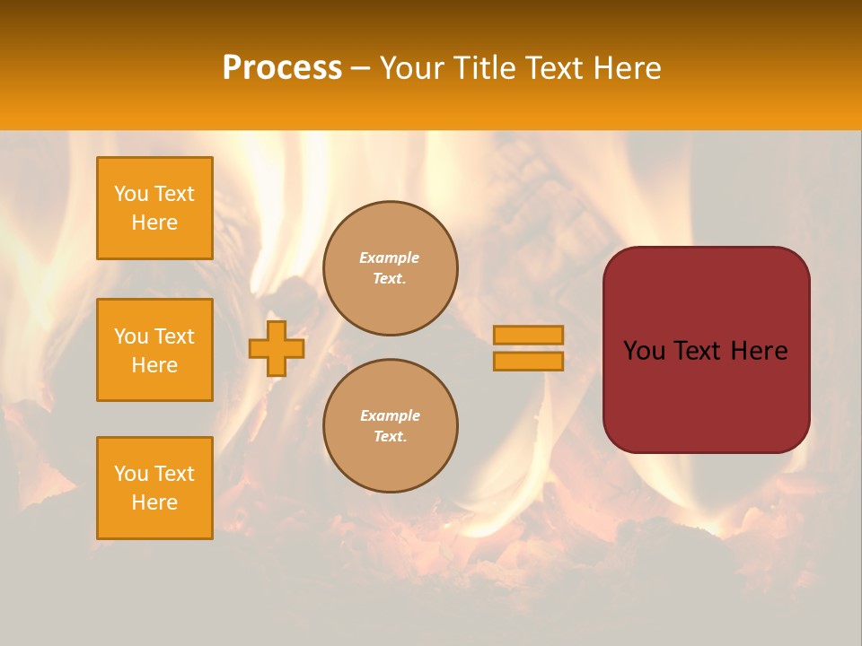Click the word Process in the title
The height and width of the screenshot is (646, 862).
[x=282, y=68]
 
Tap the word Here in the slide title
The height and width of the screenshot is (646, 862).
[x=626, y=68]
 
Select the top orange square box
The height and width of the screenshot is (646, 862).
[x=154, y=208]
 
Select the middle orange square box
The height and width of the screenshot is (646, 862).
[x=154, y=350]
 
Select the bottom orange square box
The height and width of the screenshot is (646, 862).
[x=154, y=488]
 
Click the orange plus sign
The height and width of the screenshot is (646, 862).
[x=277, y=348]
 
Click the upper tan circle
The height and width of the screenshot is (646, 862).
[x=391, y=268]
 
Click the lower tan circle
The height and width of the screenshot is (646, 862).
[x=391, y=426]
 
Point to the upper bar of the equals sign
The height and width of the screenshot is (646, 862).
[x=529, y=335]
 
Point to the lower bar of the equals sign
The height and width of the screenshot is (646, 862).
[x=529, y=361]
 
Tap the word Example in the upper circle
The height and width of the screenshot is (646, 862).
[x=390, y=258]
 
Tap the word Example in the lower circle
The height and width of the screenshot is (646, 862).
[x=390, y=415]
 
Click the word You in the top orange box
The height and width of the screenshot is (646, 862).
[x=131, y=194]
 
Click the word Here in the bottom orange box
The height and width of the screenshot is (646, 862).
[x=154, y=502]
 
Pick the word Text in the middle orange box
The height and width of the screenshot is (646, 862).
[x=174, y=336]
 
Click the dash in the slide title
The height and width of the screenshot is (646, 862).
[x=361, y=68]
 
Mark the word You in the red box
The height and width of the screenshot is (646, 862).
[x=644, y=351]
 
